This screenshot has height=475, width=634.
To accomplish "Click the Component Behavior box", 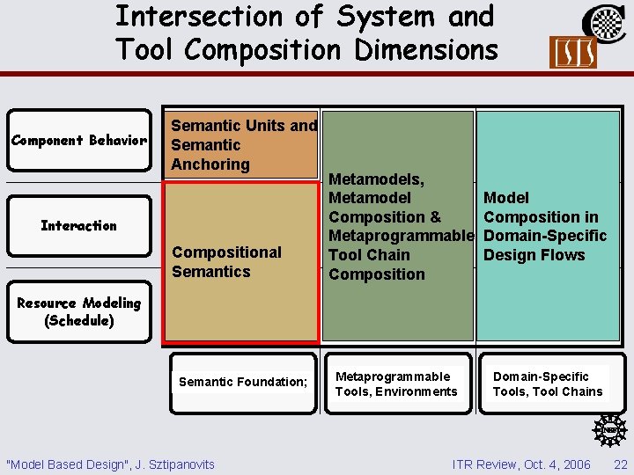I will click(x=78, y=141).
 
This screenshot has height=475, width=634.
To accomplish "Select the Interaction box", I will click(x=78, y=225).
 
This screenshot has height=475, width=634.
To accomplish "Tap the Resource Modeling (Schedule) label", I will click(x=79, y=311).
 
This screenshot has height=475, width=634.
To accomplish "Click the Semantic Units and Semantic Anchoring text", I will click(x=243, y=144).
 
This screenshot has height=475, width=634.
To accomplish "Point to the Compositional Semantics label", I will click(x=226, y=262).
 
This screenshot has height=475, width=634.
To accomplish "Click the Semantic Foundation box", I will click(x=243, y=382).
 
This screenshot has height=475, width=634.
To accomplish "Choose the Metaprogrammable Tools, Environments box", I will click(x=396, y=384).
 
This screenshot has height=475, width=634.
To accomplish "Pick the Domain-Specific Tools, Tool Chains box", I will click(x=548, y=384).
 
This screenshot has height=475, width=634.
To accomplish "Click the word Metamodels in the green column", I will click(x=375, y=179).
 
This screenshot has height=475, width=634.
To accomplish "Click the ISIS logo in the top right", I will click(x=572, y=53).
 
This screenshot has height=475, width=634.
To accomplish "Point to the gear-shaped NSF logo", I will click(x=608, y=429).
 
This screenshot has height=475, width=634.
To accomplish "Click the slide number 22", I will click(x=621, y=464).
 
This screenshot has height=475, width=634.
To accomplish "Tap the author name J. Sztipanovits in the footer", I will click(x=175, y=464).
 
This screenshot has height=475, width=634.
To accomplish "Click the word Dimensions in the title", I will click(x=426, y=50).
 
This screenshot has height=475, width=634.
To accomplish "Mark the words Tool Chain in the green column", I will click(x=369, y=255).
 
